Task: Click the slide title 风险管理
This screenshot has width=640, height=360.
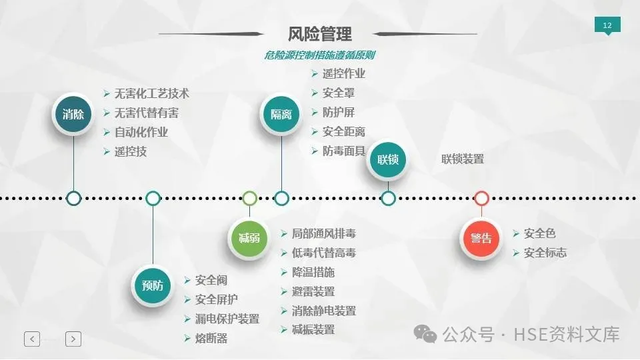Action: click(x=320, y=33)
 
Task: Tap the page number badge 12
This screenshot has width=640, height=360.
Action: click(x=607, y=26)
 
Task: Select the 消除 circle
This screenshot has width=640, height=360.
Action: click(x=73, y=114)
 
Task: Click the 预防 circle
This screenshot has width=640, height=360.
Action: click(x=153, y=285)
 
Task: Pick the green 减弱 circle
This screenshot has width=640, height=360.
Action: click(x=249, y=237)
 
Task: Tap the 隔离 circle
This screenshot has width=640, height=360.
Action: click(x=281, y=114)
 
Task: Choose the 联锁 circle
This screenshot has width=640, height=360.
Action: click(x=387, y=159)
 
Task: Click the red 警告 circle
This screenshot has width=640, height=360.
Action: click(x=481, y=238)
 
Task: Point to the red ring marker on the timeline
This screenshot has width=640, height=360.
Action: click(x=481, y=198)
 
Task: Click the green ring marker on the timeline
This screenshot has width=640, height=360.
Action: click(x=249, y=198)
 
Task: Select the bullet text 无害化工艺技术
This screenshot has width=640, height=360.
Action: click(x=152, y=93)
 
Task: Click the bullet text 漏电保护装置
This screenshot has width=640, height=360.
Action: click(x=227, y=319)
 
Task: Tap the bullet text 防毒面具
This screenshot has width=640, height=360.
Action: click(x=344, y=151)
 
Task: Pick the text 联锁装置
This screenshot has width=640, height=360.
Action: click(x=463, y=159)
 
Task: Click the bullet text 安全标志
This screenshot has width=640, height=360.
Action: click(x=545, y=253)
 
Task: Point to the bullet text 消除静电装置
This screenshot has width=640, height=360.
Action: click(x=323, y=311)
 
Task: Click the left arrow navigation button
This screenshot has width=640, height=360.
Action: click(x=32, y=339)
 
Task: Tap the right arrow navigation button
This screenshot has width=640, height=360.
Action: click(x=73, y=339)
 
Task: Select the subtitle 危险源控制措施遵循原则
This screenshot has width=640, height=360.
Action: click(x=319, y=55)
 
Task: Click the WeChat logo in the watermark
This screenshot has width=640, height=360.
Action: click(x=425, y=333)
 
